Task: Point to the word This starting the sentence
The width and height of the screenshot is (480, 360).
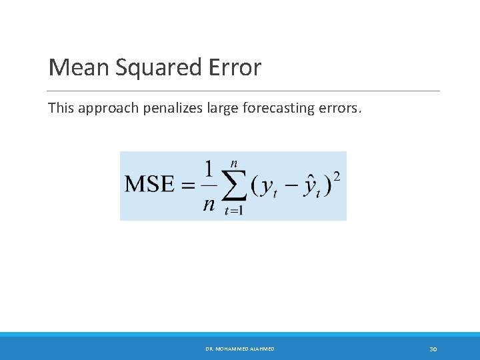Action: (61, 107)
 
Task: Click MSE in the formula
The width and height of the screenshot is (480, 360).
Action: (149, 185)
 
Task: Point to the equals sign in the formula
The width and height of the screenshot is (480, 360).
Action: (186, 185)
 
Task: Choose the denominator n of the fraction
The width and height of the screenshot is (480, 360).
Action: (209, 203)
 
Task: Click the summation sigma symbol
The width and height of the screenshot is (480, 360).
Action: (233, 187)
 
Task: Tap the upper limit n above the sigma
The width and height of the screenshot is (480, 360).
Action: (233, 163)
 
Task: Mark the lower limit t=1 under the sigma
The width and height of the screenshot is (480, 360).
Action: (233, 211)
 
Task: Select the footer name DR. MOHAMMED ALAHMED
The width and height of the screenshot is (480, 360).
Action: (239, 349)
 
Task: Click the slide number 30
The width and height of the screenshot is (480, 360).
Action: (433, 349)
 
